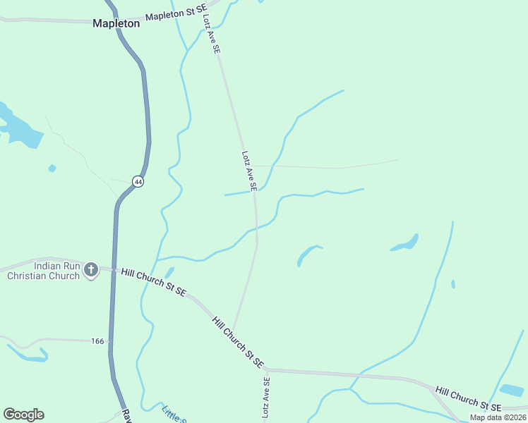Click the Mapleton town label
(116, 23)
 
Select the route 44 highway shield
(138, 182)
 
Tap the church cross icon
(90, 270)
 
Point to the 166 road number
(97, 341)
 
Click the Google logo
(23, 415)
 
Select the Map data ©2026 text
(498, 417)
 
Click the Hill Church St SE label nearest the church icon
(153, 281)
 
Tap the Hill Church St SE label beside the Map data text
(468, 399)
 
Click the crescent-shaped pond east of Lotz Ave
(308, 255)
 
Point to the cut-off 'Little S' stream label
(174, 414)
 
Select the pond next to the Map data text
(511, 390)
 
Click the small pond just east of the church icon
(169, 272)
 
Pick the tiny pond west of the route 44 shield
(52, 168)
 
